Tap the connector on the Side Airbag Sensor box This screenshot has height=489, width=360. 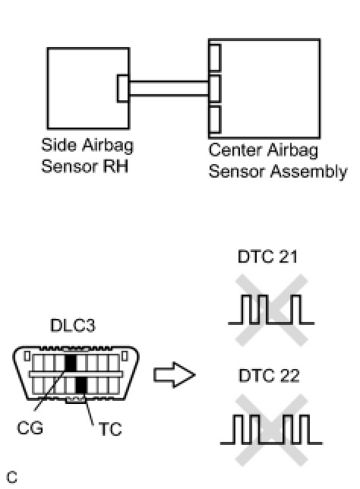point(122,88)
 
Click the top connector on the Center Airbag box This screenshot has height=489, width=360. point(215,58)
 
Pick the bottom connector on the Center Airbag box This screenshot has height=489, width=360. point(215,120)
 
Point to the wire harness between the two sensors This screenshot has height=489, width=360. point(169,88)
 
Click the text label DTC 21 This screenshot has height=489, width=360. point(267,257)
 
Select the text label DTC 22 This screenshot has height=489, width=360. point(269,375)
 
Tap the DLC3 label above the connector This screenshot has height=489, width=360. point(73,325)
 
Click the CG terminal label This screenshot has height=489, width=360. point(30,427)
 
